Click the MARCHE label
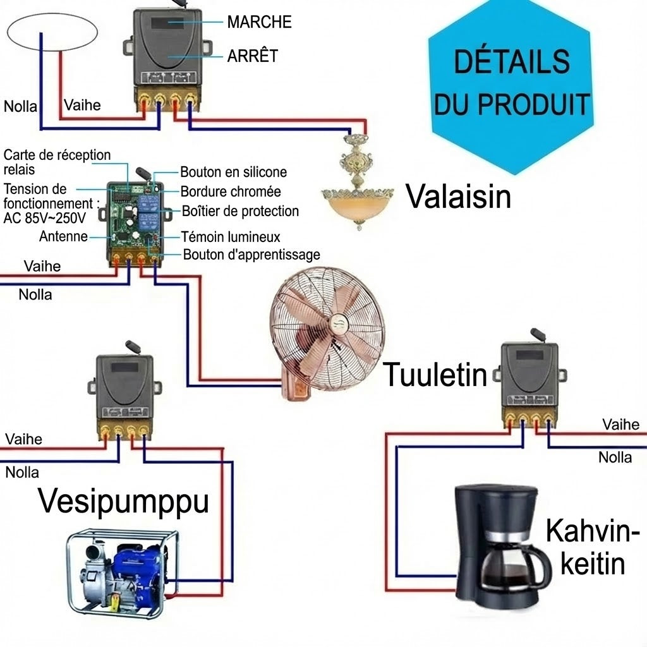click(x=259, y=22)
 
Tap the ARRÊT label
click(x=253, y=55)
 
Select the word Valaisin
click(x=459, y=196)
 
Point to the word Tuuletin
click(x=435, y=374)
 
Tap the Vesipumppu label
click(x=123, y=502)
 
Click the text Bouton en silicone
click(x=234, y=172)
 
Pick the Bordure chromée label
click(x=231, y=191)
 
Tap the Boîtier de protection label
click(x=240, y=211)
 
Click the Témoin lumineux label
click(x=231, y=237)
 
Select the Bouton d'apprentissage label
click(x=251, y=255)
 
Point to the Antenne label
click(x=64, y=236)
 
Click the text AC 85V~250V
click(x=45, y=218)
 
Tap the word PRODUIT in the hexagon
click(x=534, y=104)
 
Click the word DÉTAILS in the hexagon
click(x=512, y=61)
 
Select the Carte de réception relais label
click(x=57, y=162)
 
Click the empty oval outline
click(x=52, y=13)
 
